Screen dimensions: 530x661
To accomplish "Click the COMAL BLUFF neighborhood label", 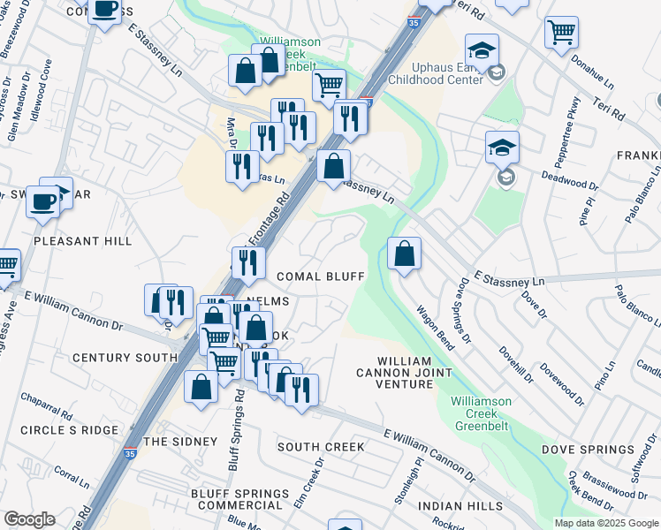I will pyautogui.click(x=320, y=276).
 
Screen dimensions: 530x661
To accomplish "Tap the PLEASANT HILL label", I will pyautogui.click(x=82, y=241).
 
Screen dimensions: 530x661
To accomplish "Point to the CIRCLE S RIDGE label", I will pyautogui.click(x=69, y=429).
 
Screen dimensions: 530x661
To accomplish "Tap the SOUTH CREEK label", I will pyautogui.click(x=321, y=447).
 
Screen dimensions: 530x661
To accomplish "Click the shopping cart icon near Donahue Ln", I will pyautogui.click(x=561, y=34).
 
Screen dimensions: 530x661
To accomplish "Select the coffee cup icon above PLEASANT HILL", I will pyautogui.click(x=42, y=201).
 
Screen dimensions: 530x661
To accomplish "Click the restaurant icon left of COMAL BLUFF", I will pyautogui.click(x=248, y=262).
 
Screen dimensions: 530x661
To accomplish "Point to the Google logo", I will pyautogui.click(x=29, y=519).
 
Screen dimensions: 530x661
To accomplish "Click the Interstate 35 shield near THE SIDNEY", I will pyautogui.click(x=130, y=454).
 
